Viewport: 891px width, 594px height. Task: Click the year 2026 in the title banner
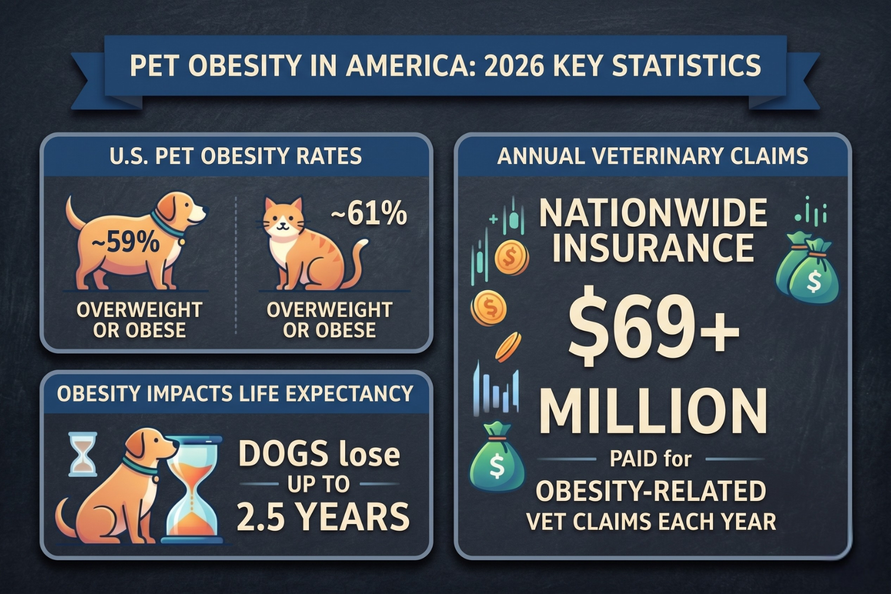(x=514, y=65)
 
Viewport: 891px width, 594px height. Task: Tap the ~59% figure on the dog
(x=126, y=243)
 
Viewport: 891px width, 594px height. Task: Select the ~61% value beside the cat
(x=369, y=214)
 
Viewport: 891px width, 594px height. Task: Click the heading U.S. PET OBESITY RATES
(x=236, y=156)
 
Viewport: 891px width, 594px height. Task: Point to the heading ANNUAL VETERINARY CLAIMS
(x=652, y=156)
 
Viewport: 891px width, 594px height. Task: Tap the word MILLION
(x=653, y=412)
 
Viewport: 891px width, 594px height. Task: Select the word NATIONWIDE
(x=653, y=214)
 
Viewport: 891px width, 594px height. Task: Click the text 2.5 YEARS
(x=323, y=516)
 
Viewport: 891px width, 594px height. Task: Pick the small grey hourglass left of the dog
(x=83, y=454)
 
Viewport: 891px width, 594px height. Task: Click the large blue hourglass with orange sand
(x=195, y=490)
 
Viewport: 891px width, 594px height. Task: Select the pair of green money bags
(x=808, y=270)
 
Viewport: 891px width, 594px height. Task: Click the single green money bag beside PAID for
(x=497, y=458)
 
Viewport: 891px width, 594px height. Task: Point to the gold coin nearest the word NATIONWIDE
(x=510, y=258)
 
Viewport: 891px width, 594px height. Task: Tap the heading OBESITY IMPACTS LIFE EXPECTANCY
(x=235, y=393)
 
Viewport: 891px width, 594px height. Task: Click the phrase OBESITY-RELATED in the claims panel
(x=651, y=491)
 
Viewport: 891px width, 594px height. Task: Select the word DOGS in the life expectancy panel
(x=282, y=454)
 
